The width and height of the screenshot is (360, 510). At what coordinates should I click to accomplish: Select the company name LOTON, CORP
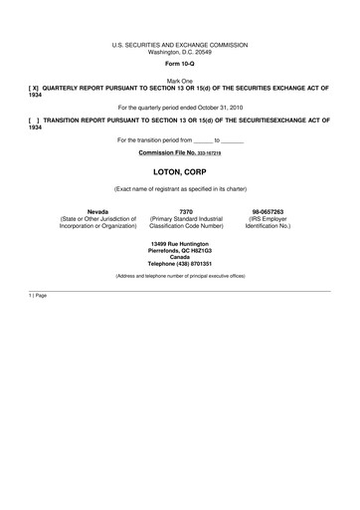(x=179, y=172)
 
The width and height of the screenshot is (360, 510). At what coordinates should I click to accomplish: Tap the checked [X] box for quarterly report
(x=35, y=88)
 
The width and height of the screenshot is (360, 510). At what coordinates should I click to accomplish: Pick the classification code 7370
(x=186, y=211)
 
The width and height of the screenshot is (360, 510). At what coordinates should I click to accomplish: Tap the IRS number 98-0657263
(x=269, y=211)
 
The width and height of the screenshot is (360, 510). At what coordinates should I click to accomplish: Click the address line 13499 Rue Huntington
(x=180, y=242)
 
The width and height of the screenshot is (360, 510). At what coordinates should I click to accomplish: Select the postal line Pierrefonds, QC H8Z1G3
(x=180, y=249)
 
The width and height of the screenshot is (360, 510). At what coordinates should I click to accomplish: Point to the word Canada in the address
(x=180, y=256)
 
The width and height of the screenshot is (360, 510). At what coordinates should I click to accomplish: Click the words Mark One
(x=179, y=81)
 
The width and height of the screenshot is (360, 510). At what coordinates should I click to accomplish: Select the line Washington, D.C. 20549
(x=179, y=52)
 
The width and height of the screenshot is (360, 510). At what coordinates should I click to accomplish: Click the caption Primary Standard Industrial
(x=186, y=218)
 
